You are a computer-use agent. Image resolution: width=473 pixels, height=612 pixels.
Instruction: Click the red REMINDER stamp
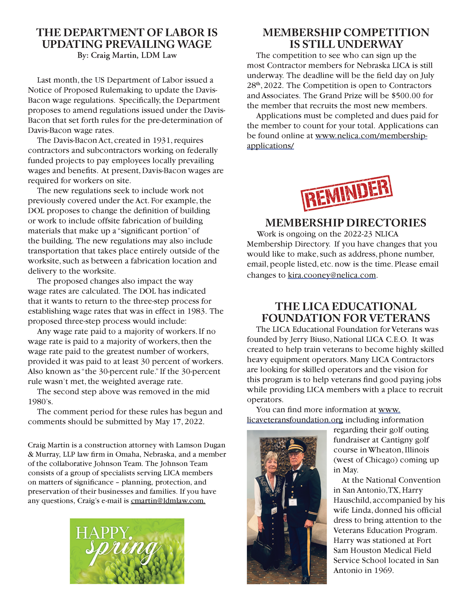[346, 193]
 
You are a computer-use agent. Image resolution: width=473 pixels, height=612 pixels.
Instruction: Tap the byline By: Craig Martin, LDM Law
[127, 55]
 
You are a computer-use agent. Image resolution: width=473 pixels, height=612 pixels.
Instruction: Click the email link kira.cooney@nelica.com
[332, 275]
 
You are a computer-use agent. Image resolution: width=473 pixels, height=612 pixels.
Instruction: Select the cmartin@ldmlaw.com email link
[168, 500]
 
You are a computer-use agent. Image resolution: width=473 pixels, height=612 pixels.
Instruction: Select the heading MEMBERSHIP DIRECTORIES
[345, 223]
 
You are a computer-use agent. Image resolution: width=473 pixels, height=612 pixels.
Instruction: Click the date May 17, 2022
[179, 422]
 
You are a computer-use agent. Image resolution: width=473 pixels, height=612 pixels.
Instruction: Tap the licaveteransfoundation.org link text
[295, 420]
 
